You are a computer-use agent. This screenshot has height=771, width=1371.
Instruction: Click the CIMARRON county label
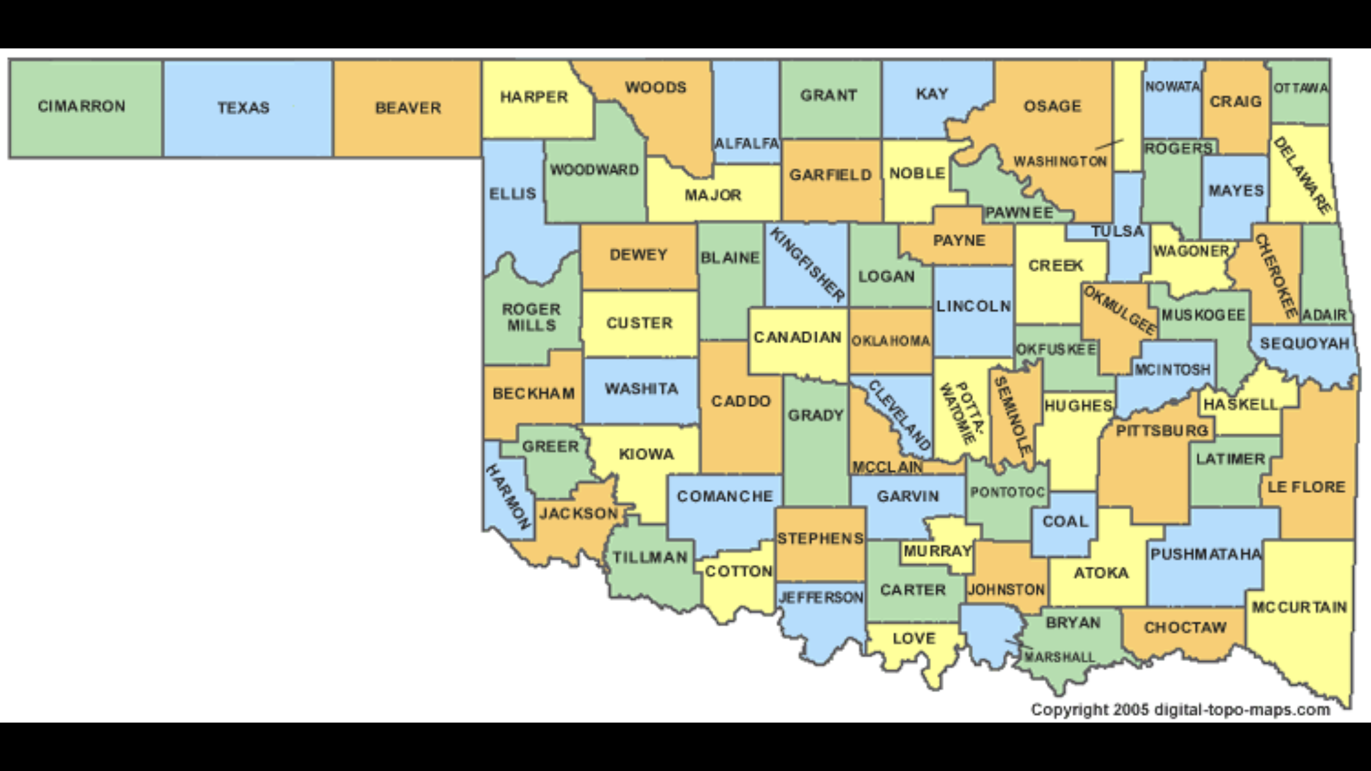point(81,106)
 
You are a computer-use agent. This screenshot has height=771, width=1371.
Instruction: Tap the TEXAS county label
point(243,108)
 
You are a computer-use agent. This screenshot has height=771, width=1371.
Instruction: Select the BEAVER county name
point(408,108)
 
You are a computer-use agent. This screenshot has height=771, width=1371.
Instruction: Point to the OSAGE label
point(1052,106)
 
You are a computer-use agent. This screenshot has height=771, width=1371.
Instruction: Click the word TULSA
point(1118,232)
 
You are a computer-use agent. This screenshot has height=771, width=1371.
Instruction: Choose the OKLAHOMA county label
point(890,341)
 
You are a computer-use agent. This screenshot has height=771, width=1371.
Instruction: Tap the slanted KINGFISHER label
point(807,264)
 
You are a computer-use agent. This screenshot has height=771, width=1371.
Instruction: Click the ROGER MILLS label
point(532,317)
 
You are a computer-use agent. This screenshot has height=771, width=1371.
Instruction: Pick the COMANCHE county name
point(725,497)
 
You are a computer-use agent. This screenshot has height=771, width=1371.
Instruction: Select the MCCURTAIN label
point(1299,607)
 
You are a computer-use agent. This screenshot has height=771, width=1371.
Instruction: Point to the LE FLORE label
point(1306,487)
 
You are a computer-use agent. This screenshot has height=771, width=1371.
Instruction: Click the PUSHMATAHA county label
point(1206,554)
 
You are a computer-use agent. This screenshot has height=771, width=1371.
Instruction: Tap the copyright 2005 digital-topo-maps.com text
point(1180,710)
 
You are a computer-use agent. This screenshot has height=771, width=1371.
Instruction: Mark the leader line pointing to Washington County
point(1109,144)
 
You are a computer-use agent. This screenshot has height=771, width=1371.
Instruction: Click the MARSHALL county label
point(1060,657)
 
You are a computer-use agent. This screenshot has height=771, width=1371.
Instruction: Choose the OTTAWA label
point(1301,88)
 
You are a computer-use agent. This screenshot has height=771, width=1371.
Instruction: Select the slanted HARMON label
point(508,497)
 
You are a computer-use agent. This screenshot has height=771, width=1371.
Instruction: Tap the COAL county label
point(1066,521)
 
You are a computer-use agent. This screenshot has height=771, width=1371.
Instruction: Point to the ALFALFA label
point(746,143)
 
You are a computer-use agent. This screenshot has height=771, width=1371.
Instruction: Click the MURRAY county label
point(937,551)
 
